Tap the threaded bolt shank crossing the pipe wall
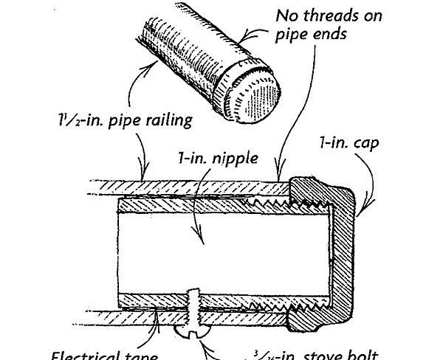(x=194, y=302)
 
